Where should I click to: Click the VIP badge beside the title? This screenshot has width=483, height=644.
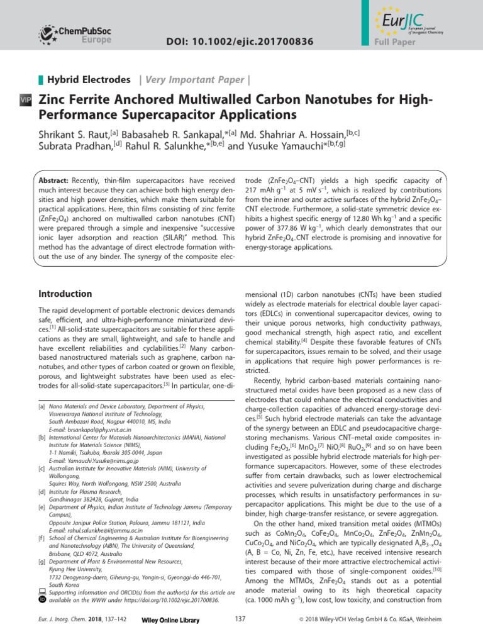click(26, 101)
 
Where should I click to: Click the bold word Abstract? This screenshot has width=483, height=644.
click(55, 180)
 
